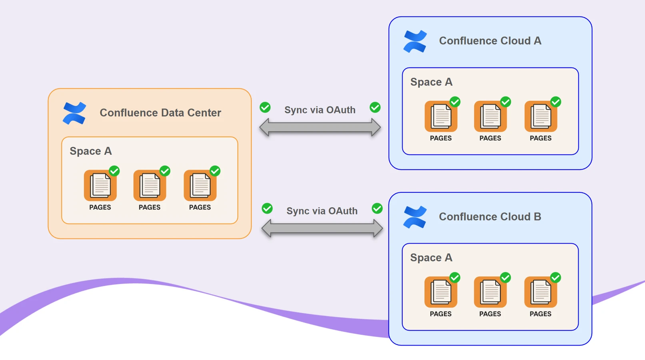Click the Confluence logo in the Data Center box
pos(74,113)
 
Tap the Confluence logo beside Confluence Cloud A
pos(415,41)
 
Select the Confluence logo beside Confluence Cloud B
pos(415,217)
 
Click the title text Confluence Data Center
pos(160,113)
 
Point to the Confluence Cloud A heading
pos(490,41)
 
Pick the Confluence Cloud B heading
pos(490,217)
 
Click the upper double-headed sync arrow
pos(320,128)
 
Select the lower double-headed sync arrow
pos(322,228)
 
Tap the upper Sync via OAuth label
pos(320,110)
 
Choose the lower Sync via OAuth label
pos(322,211)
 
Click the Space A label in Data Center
pos(91,151)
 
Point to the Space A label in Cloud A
pos(431,82)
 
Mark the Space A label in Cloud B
pos(431,258)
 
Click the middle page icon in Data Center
pos(150,186)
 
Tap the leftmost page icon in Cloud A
pos(441,116)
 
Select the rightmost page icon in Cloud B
pos(541,292)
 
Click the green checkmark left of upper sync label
pos(265,108)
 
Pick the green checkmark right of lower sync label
pos(377,208)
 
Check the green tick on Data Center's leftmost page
pos(114,171)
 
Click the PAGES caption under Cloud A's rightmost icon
pos(541,138)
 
